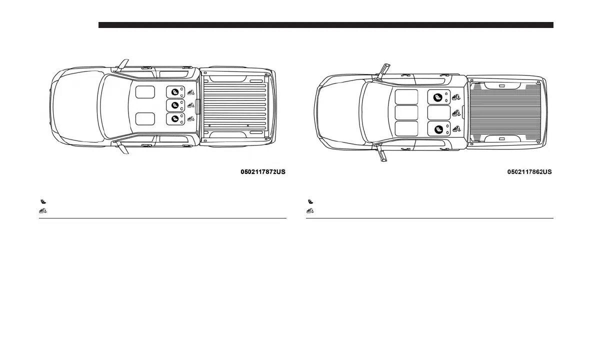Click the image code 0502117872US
pyautogui.click(x=263, y=172)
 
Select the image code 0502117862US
pyautogui.click(x=529, y=172)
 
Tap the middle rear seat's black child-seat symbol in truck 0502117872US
pyautogui.click(x=174, y=105)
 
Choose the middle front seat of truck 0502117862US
pyautogui.click(x=406, y=112)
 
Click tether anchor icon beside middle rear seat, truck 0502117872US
pyautogui.click(x=190, y=105)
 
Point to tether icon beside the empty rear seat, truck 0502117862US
pyautogui.click(x=456, y=112)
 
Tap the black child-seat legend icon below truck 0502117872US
pyautogui.click(x=43, y=201)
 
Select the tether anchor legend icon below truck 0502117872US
pyautogui.click(x=43, y=210)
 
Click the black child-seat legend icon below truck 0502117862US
pyautogui.click(x=310, y=201)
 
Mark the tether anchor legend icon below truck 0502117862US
pyautogui.click(x=310, y=210)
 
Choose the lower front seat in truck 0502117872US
pyautogui.click(x=145, y=119)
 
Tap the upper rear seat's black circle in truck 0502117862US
pyautogui.click(x=438, y=97)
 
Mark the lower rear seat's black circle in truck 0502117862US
pyautogui.click(x=438, y=129)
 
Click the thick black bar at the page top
pyautogui.click(x=325, y=25)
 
